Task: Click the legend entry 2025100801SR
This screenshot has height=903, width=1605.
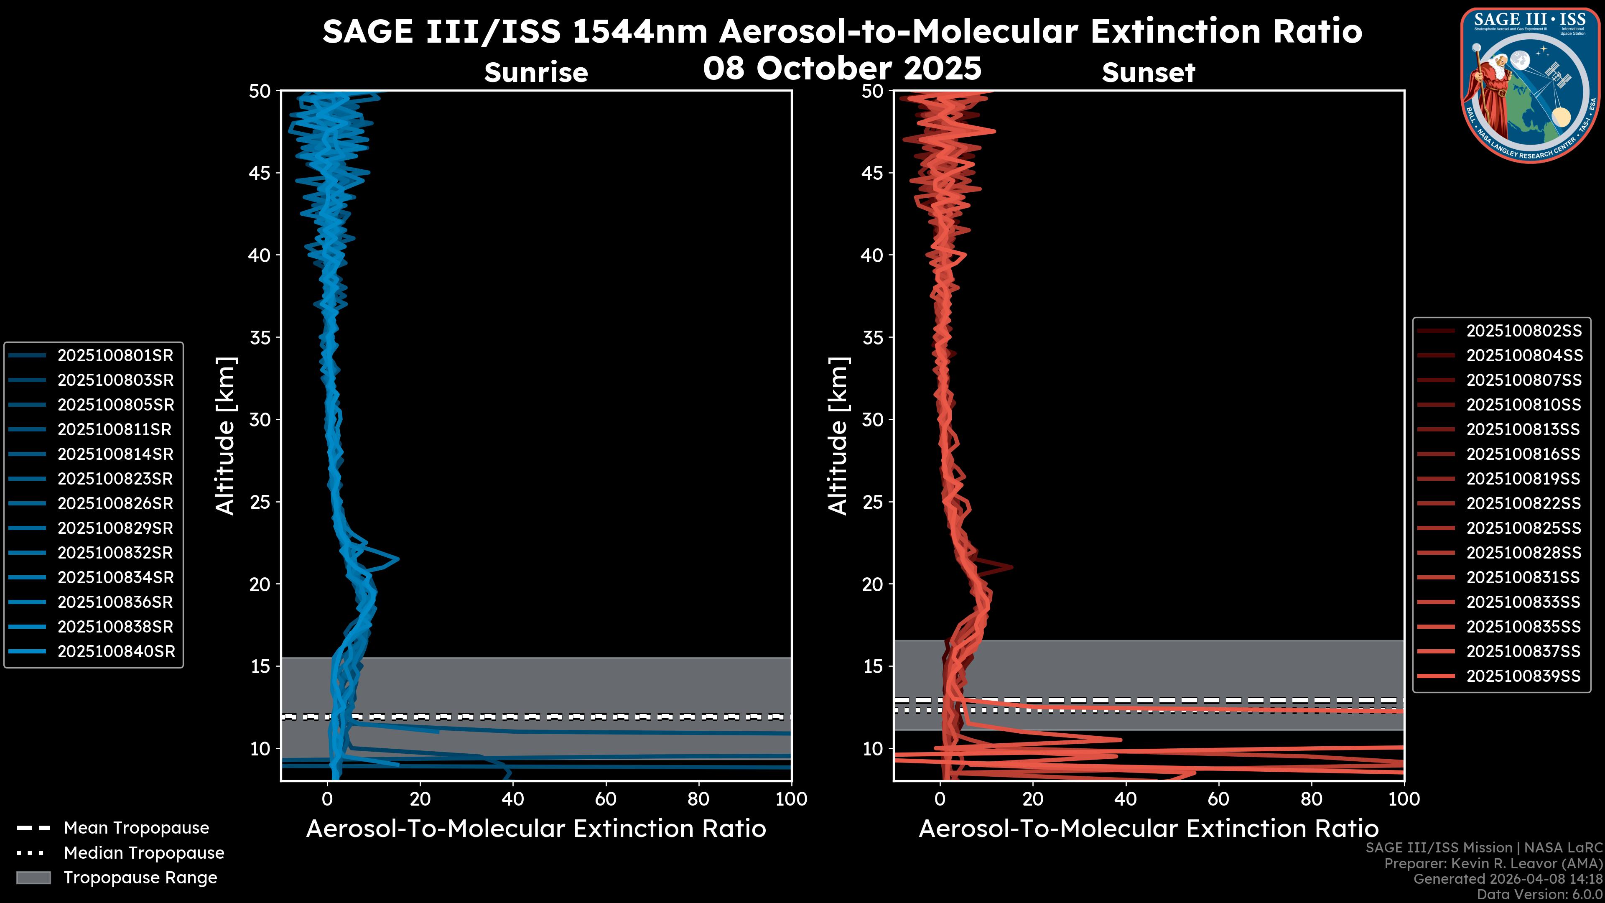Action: coord(115,356)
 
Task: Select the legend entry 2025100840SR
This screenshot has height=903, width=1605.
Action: coord(116,652)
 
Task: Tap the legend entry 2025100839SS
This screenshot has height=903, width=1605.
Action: coord(1523,676)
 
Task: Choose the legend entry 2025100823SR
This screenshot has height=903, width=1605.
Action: coord(115,479)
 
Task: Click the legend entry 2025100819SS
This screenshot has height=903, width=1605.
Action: coord(1523,479)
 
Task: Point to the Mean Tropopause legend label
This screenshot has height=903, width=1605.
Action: coord(136,828)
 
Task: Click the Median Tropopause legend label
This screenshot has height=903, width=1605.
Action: coord(144,853)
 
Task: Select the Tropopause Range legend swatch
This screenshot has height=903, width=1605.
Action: coord(33,877)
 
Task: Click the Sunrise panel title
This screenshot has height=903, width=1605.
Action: coord(536,73)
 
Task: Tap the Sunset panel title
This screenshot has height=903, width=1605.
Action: coord(1148,73)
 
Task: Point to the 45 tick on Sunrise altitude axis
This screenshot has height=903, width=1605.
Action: coord(260,173)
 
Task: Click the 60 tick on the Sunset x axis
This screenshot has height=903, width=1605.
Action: coord(1218,799)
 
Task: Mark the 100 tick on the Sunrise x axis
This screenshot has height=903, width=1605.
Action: coord(791,799)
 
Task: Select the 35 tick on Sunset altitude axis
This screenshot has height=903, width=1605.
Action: coord(873,338)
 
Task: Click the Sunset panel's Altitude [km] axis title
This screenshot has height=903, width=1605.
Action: coord(838,436)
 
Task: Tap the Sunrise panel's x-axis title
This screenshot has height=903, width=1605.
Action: coord(536,829)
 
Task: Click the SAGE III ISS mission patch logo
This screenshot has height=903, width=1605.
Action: coord(1531,85)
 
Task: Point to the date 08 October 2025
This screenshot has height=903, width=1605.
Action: coord(842,69)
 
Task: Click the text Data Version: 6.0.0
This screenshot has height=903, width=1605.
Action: coord(1540,894)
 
